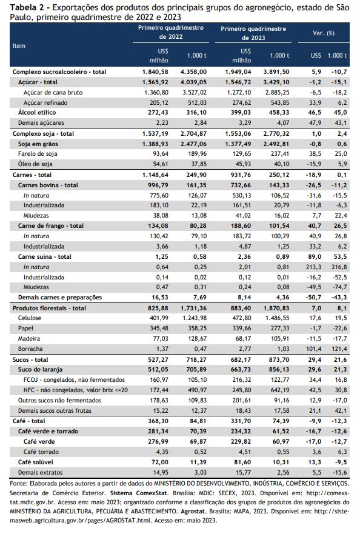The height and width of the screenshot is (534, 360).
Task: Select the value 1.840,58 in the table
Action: tap(155, 72)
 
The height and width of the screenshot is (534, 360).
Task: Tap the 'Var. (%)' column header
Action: tap(324, 33)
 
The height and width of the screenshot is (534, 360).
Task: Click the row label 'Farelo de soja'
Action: tap(38, 154)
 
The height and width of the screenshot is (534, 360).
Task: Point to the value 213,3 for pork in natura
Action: tap(313, 267)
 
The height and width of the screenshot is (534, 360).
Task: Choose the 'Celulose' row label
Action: tap(30, 318)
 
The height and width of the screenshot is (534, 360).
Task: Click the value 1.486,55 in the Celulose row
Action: tap(276, 318)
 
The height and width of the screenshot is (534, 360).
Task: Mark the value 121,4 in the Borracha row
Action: tap(339, 349)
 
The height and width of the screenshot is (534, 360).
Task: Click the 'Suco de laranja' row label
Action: tap(40, 370)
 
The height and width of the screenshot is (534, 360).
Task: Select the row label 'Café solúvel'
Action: tap(35, 462)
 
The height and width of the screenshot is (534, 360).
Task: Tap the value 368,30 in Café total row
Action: tap(158, 421)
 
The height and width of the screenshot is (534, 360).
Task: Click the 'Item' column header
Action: tap(19, 45)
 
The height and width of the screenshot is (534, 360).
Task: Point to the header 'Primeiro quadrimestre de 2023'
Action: tap(253, 33)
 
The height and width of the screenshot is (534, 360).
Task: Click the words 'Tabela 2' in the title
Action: tap(25, 7)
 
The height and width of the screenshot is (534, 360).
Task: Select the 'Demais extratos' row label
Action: tap(40, 472)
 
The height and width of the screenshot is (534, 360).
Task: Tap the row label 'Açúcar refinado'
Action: tap(45, 103)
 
